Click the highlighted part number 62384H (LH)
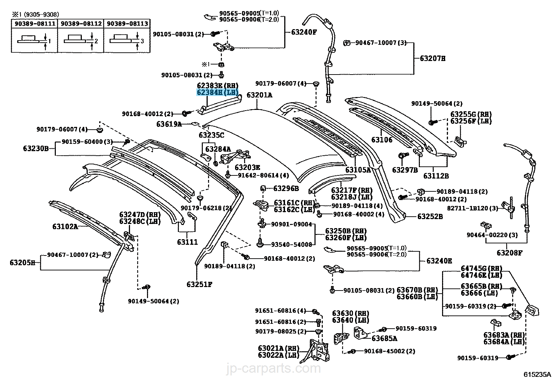(217, 93)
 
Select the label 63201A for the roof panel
(259, 95)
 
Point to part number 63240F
(304, 32)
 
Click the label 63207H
(433, 59)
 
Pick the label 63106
(382, 140)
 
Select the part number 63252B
(430, 217)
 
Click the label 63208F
(509, 253)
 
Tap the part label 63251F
(199, 285)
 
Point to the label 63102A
(65, 227)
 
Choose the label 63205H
(23, 262)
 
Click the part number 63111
(187, 242)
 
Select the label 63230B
(36, 148)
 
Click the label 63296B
(286, 189)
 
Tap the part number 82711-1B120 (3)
(472, 208)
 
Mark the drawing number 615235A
(537, 375)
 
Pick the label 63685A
(385, 338)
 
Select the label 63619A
(169, 124)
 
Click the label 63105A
(358, 170)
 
